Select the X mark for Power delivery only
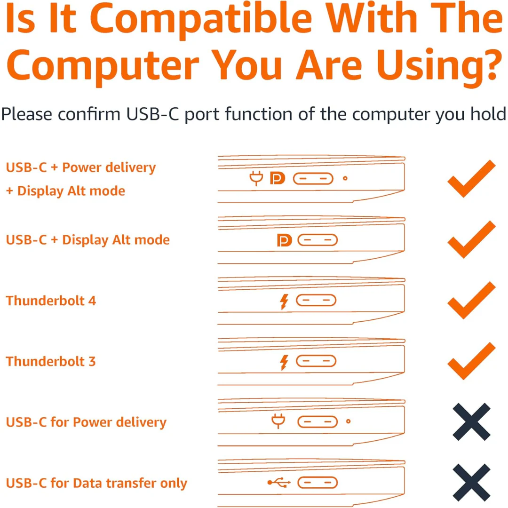click(x=471, y=422)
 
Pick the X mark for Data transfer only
click(x=471, y=483)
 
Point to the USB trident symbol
click(x=279, y=483)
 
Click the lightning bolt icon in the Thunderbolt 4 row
click(x=284, y=302)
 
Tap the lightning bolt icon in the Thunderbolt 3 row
click(x=284, y=362)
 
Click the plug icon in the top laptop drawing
click(x=256, y=179)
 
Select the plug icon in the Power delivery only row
click(x=278, y=421)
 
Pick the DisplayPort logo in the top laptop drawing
click(x=278, y=178)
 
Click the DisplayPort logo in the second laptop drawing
click(x=285, y=240)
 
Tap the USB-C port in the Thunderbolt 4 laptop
click(x=316, y=300)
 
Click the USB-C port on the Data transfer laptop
click(x=317, y=483)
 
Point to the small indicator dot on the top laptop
click(x=345, y=178)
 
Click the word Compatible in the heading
click(x=201, y=18)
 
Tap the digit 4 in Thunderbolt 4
click(x=92, y=301)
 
